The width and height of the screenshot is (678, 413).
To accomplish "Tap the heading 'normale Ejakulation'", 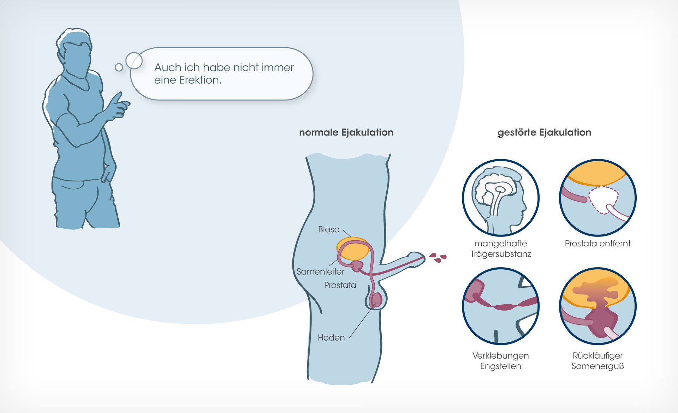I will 346,132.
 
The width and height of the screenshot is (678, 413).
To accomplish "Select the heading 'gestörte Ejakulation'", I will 544,132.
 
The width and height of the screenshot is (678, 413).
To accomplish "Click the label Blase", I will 328,229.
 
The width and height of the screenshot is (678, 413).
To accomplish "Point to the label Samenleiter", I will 320,271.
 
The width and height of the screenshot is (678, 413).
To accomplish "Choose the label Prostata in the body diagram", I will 340,285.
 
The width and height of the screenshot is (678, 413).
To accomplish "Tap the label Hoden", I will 331,338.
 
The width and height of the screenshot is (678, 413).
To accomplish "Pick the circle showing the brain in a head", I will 500,198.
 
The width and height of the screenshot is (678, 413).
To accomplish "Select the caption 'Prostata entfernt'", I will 597,244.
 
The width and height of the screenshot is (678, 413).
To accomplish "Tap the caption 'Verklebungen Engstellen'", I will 500,361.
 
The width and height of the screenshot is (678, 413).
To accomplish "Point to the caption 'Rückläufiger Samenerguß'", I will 597,361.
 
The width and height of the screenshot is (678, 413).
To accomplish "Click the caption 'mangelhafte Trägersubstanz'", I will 500,249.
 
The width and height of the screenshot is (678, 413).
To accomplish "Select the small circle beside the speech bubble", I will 119,67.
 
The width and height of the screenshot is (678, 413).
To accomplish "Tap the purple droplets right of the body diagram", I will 438,257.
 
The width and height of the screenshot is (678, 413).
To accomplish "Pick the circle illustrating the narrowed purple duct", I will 500,306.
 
